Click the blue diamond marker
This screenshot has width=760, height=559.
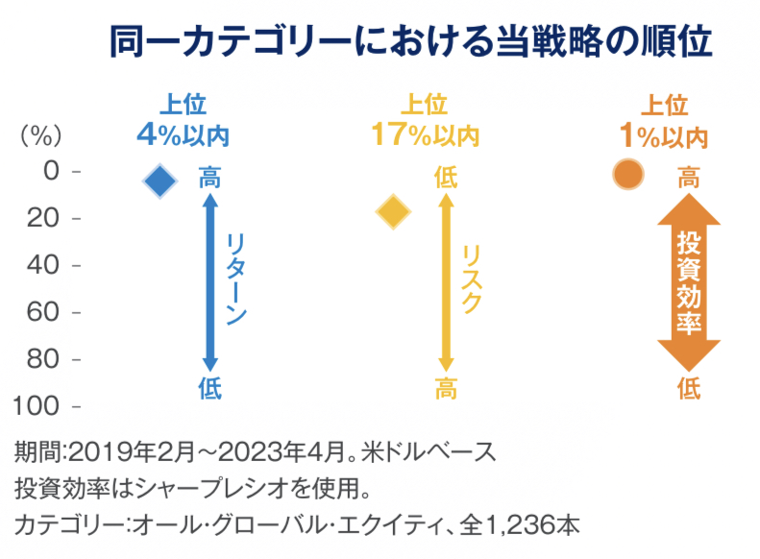160,180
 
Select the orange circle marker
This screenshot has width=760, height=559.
627,175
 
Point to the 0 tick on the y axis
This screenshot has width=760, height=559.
52,172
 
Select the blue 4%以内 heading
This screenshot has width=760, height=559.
183,135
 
